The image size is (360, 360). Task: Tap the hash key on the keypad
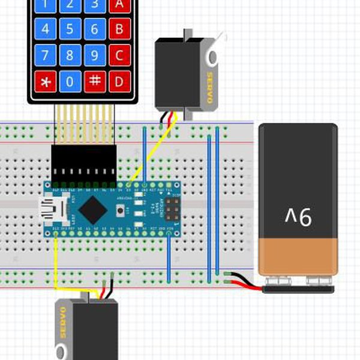click(94, 80)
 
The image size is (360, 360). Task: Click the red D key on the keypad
click(119, 80)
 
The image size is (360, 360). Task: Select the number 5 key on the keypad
click(70, 28)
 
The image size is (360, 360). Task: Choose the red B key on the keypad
click(119, 28)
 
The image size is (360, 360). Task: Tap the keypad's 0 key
click(70, 80)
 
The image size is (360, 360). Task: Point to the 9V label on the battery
click(298, 216)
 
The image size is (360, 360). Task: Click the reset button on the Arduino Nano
click(122, 210)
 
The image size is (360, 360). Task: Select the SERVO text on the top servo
click(209, 87)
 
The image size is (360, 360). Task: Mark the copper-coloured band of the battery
click(298, 255)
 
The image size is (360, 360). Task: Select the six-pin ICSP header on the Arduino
click(172, 209)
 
